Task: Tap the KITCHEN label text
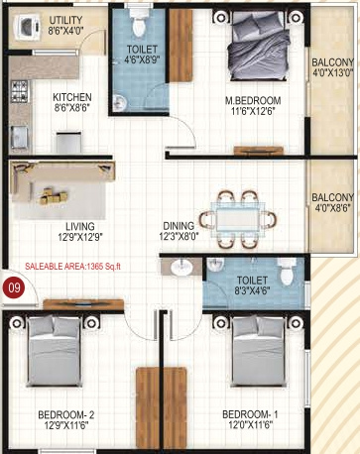[71, 97]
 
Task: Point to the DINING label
[179, 225]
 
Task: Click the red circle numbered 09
[14, 288]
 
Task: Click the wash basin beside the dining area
[182, 266]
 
